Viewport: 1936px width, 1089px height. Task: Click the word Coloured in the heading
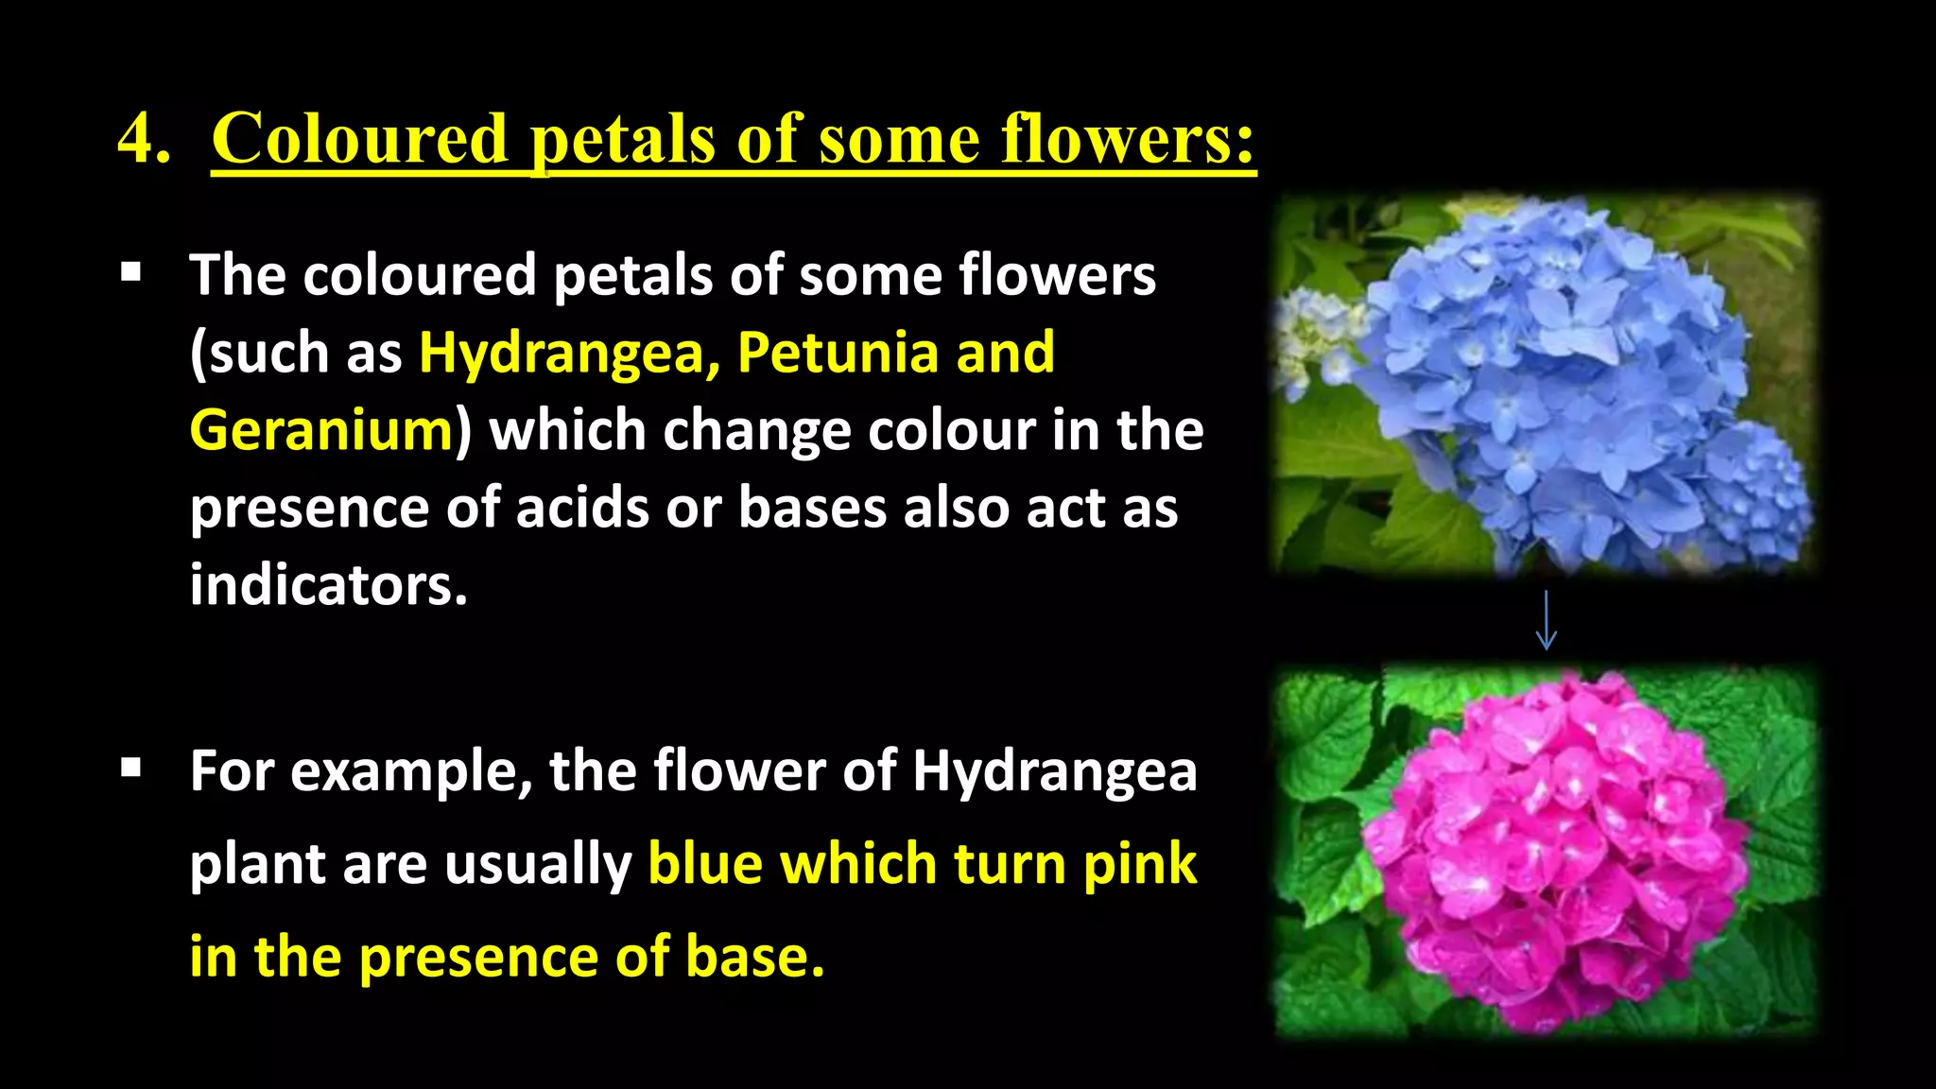[360, 140]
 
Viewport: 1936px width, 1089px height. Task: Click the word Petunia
[837, 353]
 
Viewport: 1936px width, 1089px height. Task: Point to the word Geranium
[322, 431]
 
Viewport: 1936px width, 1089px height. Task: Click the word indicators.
[328, 585]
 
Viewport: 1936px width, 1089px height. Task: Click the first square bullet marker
[131, 274]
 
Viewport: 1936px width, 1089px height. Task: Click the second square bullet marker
[131, 769]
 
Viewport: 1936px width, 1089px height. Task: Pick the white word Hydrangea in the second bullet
[1054, 771]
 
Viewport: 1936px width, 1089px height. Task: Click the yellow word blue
[705, 864]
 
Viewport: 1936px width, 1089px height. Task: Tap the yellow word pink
[1140, 864]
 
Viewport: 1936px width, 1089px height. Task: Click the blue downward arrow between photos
[1546, 621]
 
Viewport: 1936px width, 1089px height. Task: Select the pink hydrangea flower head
[1550, 851]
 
